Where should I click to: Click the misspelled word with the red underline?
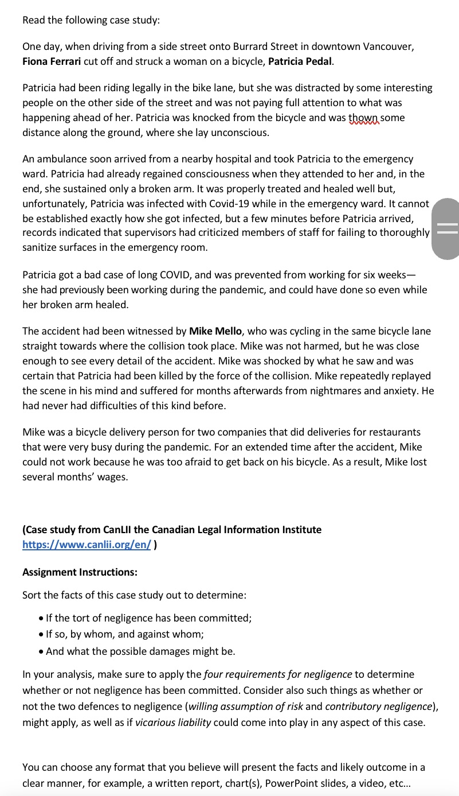pyautogui.click(x=364, y=118)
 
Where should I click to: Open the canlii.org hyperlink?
pyautogui.click(x=87, y=545)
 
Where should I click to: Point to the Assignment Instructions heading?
pyautogui.click(x=80, y=572)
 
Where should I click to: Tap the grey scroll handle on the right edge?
pyautogui.click(x=448, y=229)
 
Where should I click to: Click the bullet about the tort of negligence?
pyautogui.click(x=148, y=618)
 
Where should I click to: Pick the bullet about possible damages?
pyautogui.click(x=140, y=651)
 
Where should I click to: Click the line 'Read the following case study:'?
pyautogui.click(x=91, y=20)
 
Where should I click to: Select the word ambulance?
pyautogui.click(x=59, y=159)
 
